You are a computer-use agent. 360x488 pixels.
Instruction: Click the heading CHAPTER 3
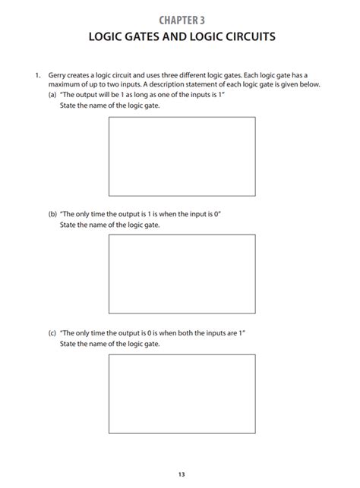click(x=179, y=18)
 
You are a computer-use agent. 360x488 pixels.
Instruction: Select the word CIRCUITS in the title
click(x=245, y=36)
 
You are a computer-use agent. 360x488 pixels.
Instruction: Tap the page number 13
click(x=181, y=475)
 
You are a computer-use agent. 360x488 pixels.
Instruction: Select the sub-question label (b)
click(x=52, y=215)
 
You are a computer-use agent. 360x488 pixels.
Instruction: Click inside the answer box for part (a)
click(x=181, y=155)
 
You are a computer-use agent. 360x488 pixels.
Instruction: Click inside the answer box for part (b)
click(x=181, y=274)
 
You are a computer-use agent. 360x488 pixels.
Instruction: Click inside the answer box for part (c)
click(x=181, y=393)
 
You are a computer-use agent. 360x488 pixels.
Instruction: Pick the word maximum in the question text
click(x=63, y=85)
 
